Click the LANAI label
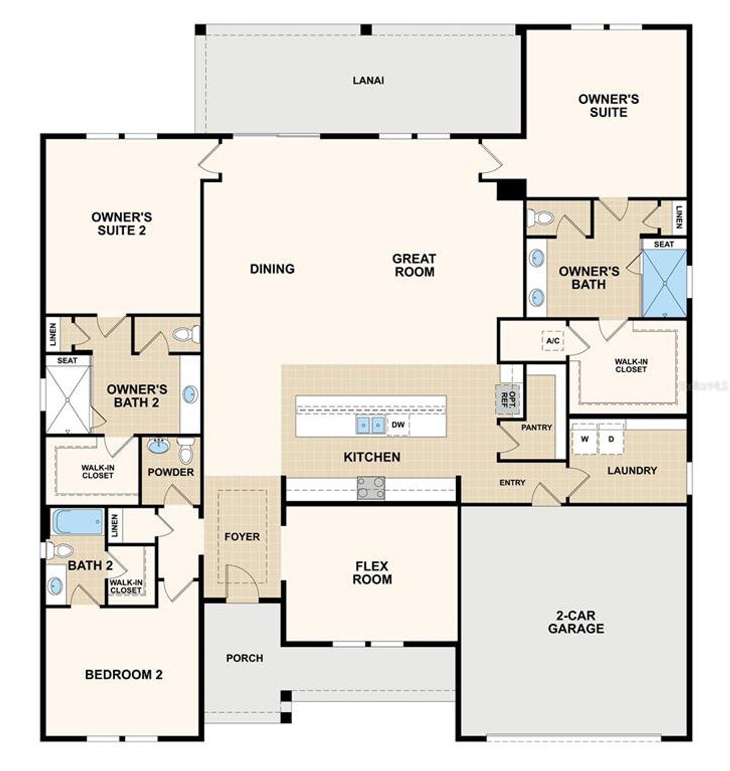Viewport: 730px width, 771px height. click(368, 80)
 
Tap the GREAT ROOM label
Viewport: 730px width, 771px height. click(414, 265)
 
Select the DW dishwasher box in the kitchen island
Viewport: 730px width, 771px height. click(398, 425)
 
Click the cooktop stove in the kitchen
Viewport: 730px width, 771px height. click(371, 488)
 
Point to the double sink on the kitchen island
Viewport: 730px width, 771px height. click(370, 425)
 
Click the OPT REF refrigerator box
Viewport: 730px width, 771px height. click(506, 396)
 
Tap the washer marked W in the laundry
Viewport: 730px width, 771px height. click(585, 439)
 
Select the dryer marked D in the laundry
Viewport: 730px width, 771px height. click(611, 439)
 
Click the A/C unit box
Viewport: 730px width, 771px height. click(553, 341)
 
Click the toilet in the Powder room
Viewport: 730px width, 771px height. click(186, 451)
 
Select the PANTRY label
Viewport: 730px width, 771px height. click(536, 427)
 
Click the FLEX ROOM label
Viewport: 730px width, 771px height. click(372, 573)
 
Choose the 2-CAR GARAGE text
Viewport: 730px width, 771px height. click(575, 622)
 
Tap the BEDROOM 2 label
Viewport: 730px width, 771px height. click(124, 675)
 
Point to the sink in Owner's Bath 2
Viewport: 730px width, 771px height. click(190, 394)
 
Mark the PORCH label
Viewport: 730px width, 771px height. click(245, 658)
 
